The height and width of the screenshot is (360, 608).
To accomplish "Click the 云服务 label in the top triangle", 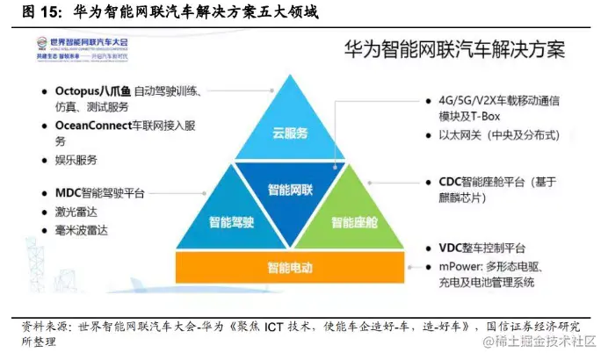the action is pos(290,133).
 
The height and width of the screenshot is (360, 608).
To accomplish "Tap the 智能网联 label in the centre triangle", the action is pos(291,189).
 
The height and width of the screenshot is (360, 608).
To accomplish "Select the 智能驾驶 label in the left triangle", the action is pos(232,222).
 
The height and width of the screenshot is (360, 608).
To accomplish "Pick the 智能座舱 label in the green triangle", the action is pos(351,222).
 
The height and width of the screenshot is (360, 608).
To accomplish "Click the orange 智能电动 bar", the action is pos(291,266).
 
